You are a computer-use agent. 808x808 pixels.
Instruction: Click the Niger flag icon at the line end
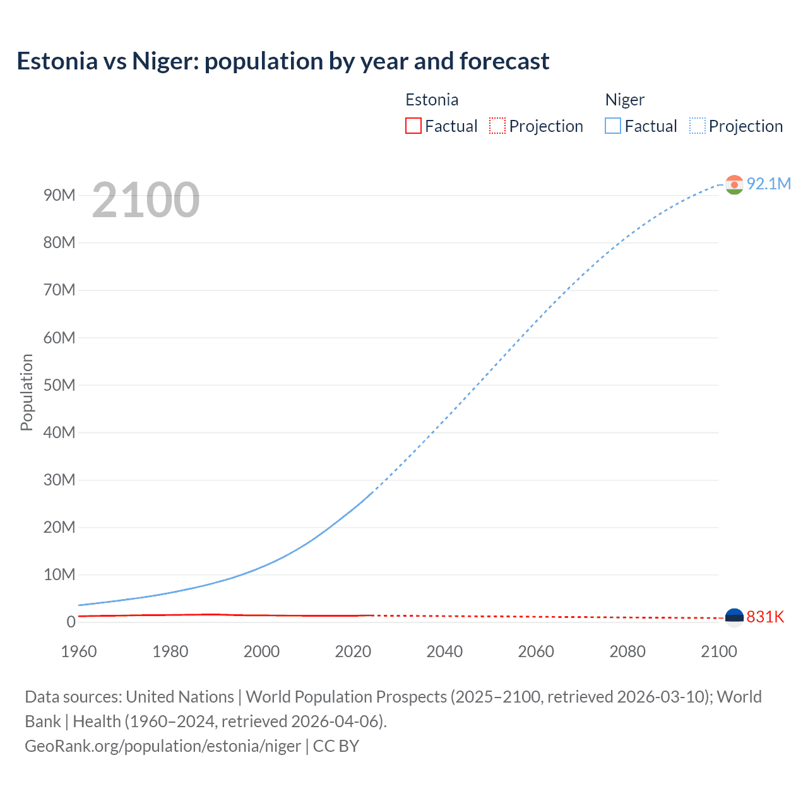[734, 184]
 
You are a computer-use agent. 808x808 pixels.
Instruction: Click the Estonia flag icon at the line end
[734, 617]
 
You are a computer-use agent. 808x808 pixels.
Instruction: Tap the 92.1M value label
[768, 184]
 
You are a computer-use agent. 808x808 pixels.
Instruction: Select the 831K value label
[765, 617]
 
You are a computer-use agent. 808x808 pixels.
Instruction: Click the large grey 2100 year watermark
[146, 200]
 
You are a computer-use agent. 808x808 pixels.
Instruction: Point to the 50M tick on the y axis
[59, 385]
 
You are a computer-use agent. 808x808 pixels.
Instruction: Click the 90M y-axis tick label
[59, 195]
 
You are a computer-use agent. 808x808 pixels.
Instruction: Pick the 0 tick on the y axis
[71, 622]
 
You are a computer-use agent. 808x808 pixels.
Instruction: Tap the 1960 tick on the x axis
[79, 651]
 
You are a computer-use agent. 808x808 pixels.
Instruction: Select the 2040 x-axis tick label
[444, 651]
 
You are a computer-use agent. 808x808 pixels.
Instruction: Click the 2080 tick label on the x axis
[627, 651]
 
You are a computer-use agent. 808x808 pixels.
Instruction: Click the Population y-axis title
[27, 392]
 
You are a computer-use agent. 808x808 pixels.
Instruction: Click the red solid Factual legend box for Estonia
[413, 126]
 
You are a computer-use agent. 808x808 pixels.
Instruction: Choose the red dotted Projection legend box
[497, 126]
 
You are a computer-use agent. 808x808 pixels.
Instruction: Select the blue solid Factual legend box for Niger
[613, 126]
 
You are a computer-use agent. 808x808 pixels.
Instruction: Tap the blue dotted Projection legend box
[698, 126]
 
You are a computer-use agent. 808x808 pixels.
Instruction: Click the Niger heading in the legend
[624, 100]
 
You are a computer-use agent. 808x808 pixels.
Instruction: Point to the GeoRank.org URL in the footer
[163, 746]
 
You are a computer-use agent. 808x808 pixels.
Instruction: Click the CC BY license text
[336, 746]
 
